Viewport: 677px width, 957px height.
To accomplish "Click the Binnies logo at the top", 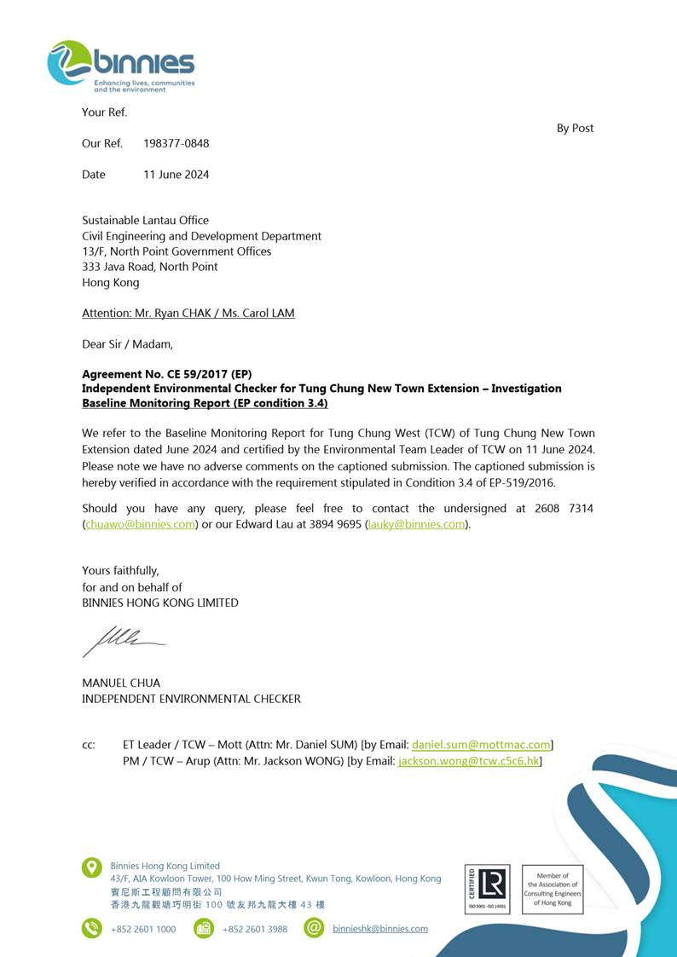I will [x=121, y=65].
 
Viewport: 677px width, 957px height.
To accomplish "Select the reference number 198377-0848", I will [x=176, y=143].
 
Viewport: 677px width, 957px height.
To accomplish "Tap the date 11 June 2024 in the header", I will [x=176, y=175].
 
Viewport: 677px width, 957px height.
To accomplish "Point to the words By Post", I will [x=575, y=129].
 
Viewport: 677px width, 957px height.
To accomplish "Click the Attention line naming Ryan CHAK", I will [x=188, y=313].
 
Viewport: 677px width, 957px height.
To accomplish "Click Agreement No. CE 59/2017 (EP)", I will [x=166, y=374].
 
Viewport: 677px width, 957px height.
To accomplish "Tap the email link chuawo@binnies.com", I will [x=140, y=524].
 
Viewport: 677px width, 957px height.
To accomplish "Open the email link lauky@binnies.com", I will [x=417, y=524].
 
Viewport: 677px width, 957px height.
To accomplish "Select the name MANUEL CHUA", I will [x=121, y=683].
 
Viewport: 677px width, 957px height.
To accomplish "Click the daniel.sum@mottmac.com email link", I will [x=481, y=745].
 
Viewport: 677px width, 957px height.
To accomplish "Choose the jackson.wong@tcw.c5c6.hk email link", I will [x=469, y=761].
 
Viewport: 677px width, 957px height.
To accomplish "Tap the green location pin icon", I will [x=91, y=868].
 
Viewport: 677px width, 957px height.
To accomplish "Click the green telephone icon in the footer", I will [x=91, y=928].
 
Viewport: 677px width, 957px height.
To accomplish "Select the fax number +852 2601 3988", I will [x=254, y=929].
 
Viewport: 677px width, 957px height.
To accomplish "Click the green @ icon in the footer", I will [x=314, y=928].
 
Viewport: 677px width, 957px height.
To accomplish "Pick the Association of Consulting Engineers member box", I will [x=553, y=889].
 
